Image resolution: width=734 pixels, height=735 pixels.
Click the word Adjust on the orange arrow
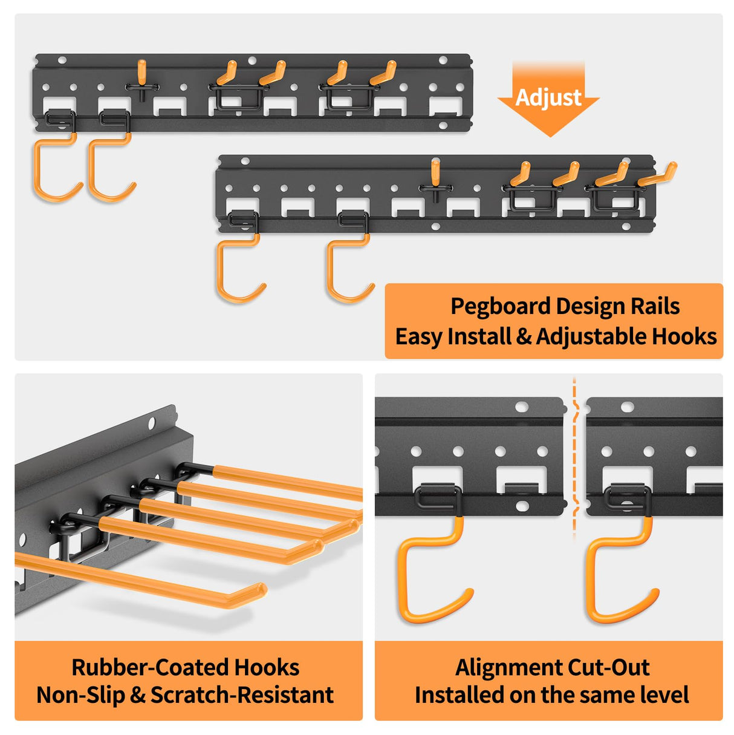point(548,97)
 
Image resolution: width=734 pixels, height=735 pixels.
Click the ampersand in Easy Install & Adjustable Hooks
point(524,337)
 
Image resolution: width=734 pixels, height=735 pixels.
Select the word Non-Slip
point(80,695)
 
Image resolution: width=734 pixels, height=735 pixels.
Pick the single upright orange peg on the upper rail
point(141,72)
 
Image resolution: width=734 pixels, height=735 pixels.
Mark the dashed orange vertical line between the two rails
point(574,460)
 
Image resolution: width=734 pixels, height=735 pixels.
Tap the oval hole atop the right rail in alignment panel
point(628,407)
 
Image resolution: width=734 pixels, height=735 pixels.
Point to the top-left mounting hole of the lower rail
point(245,162)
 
